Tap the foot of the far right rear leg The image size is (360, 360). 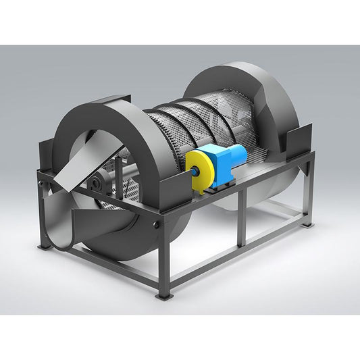pyautogui.click(x=308, y=222)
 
